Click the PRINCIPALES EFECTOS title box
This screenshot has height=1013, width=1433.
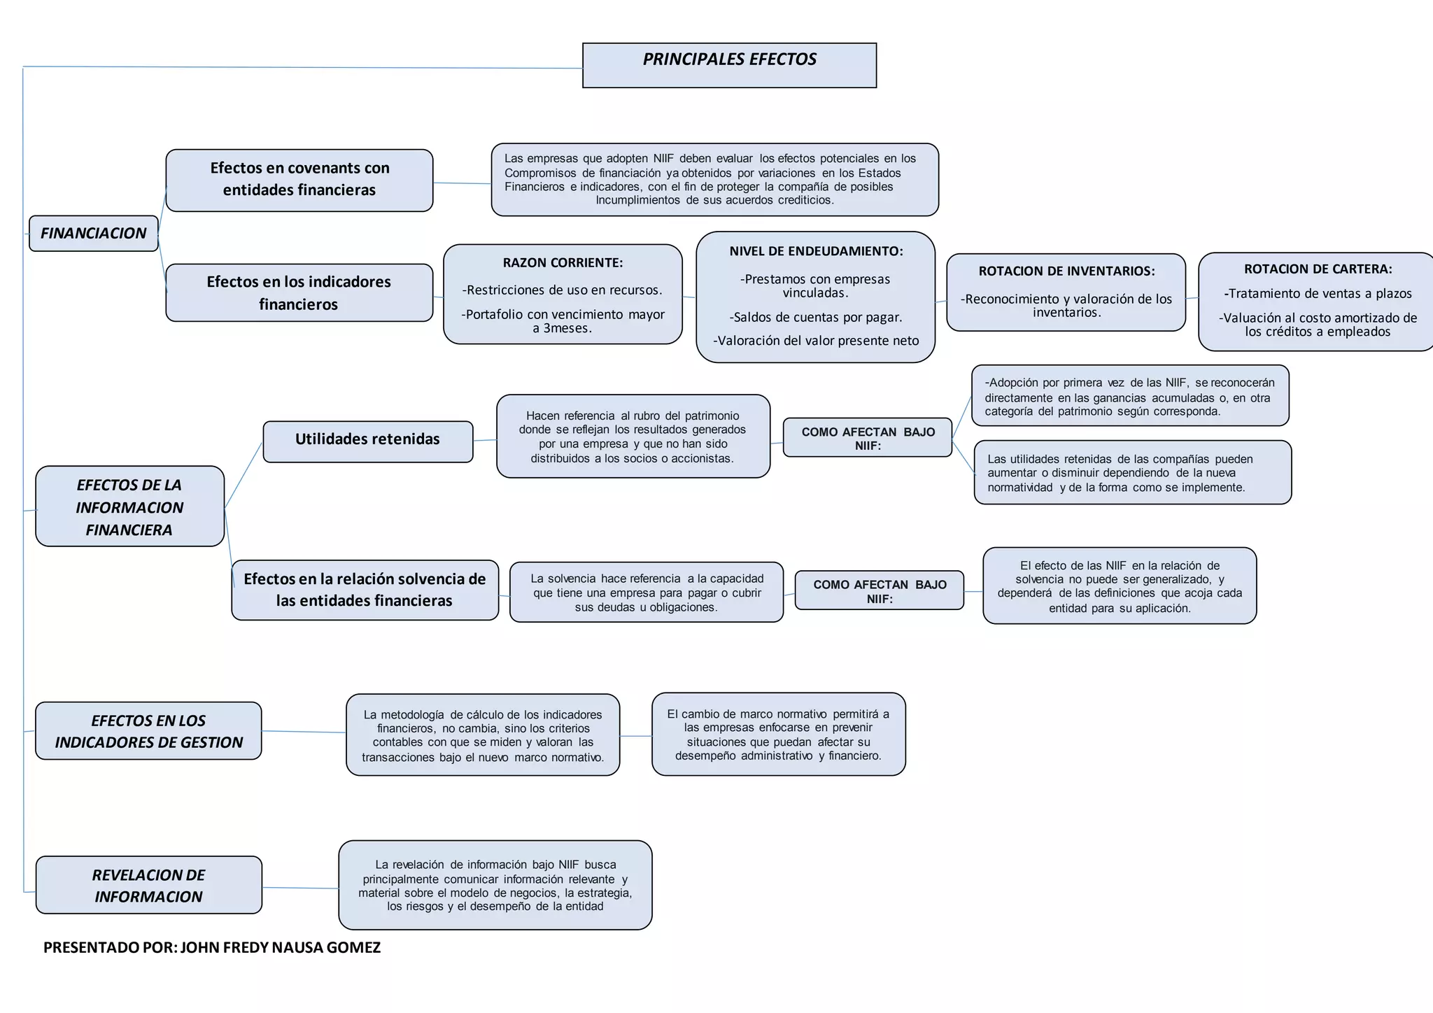729,65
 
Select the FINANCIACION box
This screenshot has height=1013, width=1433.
94,234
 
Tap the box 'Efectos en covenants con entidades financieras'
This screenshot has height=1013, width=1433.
299,180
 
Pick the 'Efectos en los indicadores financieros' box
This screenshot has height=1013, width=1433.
299,292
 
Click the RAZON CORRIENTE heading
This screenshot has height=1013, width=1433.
563,263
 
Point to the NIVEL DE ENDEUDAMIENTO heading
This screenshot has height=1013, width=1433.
816,251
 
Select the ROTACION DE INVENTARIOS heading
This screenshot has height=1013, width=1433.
1066,271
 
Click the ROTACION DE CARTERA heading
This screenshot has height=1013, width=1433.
1318,269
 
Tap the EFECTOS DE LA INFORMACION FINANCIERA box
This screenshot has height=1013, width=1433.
129,506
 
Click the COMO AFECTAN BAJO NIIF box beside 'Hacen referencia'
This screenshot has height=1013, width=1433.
868,438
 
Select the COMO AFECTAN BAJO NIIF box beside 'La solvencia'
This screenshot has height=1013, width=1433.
880,591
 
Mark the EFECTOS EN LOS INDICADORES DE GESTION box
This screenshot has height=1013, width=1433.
148,731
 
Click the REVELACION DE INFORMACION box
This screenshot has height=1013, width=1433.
148,885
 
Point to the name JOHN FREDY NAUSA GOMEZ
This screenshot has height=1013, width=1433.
281,948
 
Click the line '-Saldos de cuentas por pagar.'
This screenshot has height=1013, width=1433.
816,318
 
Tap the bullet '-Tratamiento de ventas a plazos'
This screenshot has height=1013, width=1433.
1318,294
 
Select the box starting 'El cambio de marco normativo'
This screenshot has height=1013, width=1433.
778,735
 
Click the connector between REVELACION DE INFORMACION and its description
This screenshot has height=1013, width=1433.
300,888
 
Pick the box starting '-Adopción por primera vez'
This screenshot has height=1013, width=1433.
1130,396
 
